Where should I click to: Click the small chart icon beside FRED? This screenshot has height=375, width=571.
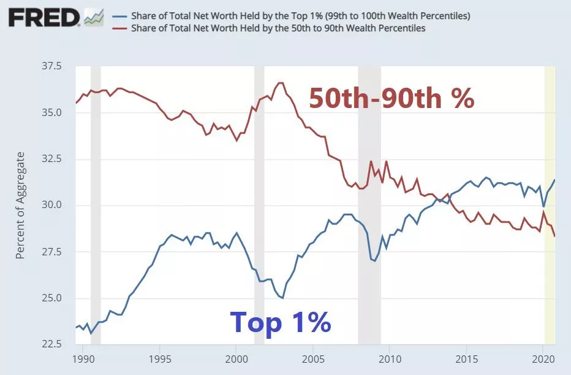(x=94, y=17)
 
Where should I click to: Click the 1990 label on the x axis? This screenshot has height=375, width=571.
(x=83, y=358)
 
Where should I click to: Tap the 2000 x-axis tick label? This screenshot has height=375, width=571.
(x=236, y=358)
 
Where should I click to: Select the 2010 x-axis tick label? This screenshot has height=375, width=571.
(x=390, y=358)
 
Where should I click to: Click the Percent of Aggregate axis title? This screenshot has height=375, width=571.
(x=20, y=205)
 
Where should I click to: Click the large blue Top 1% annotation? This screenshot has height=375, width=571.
(x=281, y=322)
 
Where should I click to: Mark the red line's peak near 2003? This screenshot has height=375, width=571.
(x=280, y=83)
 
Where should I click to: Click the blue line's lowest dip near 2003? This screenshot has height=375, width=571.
(x=282, y=298)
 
